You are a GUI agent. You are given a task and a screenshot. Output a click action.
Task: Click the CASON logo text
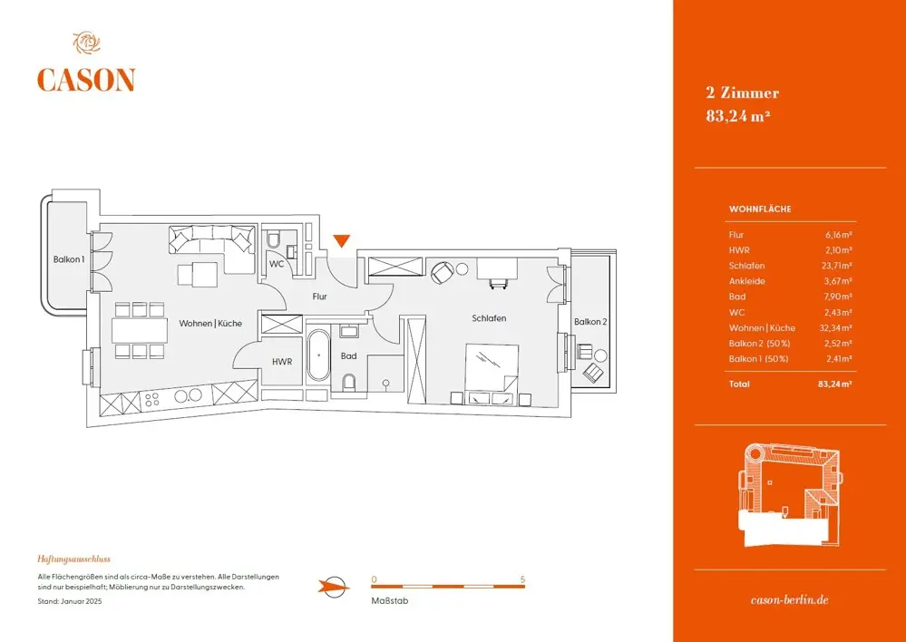85,80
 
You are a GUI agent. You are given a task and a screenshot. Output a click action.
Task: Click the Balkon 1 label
69,260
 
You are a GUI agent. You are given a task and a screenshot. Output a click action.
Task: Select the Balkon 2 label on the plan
590,322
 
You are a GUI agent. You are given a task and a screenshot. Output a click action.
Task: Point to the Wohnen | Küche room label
209,324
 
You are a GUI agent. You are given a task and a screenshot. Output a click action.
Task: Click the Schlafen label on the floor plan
488,318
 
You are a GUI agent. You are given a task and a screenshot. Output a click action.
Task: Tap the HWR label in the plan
282,362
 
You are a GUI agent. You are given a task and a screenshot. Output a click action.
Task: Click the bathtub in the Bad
318,356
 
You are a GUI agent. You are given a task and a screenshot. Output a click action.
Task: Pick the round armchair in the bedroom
442,271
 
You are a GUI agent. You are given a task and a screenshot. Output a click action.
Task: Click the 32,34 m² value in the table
836,327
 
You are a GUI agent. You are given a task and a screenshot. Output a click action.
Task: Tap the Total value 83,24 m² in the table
834,384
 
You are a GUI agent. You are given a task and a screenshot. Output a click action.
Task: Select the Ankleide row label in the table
746,281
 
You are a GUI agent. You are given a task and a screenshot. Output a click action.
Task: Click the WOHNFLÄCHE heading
760,209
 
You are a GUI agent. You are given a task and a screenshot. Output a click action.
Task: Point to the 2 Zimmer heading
742,92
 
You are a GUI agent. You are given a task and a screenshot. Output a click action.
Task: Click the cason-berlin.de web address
790,600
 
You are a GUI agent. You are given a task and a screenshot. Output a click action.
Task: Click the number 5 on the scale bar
522,579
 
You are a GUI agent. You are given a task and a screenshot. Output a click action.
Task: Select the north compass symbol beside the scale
334,586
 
